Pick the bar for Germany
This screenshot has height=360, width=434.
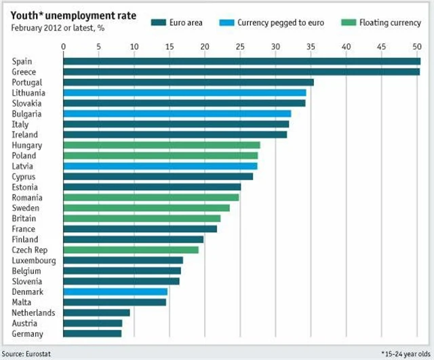[x=92, y=334]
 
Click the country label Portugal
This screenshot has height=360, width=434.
[x=27, y=82]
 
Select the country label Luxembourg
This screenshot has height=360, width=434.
[x=33, y=260]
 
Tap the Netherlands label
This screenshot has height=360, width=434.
[x=33, y=313]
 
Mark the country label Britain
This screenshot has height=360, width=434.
[x=24, y=218]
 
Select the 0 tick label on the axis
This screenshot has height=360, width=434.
[x=64, y=46]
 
